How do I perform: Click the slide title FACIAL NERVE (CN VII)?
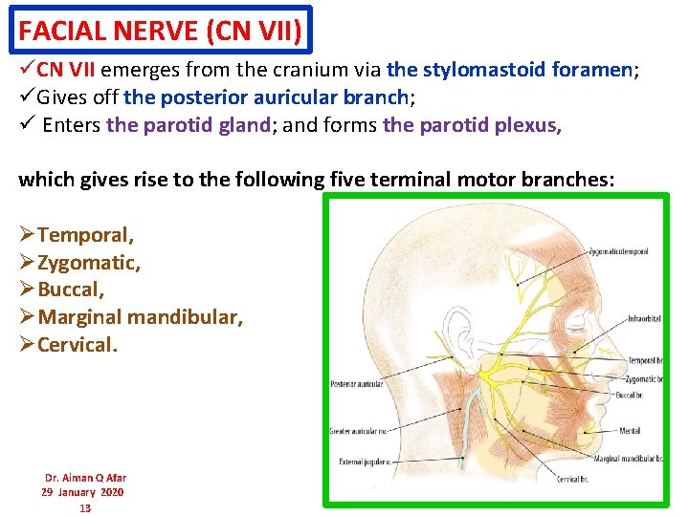[x=161, y=31]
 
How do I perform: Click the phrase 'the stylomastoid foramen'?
[x=509, y=70]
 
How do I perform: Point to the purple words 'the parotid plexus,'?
[x=472, y=125]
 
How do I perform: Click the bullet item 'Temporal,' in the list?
[x=85, y=234]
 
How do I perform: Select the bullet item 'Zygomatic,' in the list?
[x=88, y=262]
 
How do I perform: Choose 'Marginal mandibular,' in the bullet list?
[x=140, y=317]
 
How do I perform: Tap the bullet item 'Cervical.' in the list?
[x=77, y=345]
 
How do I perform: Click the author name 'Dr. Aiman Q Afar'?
[x=85, y=478]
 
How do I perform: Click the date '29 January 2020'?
[x=82, y=492]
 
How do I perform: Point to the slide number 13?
[x=84, y=507]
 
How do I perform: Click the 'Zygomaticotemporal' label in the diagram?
[x=618, y=251]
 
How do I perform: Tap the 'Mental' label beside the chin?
[x=630, y=431]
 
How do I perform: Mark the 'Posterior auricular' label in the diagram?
[x=356, y=383]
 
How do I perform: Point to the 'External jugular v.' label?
[x=360, y=462]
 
